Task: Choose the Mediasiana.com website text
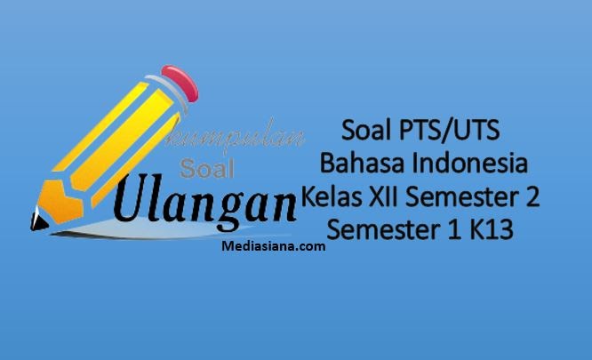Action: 272,247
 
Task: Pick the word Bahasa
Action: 356,164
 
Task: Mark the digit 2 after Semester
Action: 531,196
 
